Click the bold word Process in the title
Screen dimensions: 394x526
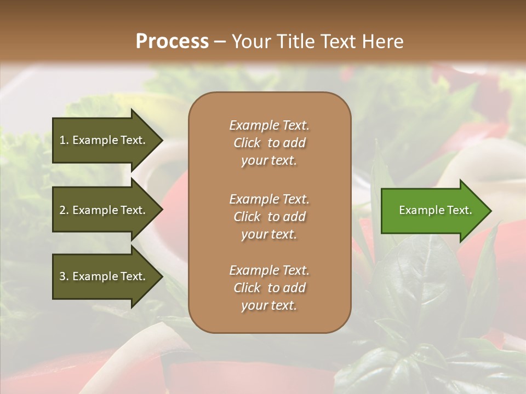point(172,41)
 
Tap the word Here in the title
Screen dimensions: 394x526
point(383,41)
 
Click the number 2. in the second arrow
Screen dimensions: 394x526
point(64,210)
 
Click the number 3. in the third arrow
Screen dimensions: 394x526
point(64,276)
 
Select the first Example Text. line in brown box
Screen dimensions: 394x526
point(269,125)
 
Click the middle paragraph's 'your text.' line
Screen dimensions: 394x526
point(269,234)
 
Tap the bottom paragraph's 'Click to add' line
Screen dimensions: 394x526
point(269,288)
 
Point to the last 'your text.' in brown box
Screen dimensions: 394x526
point(269,306)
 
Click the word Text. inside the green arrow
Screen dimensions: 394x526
point(459,210)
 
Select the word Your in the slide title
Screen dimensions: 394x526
point(250,41)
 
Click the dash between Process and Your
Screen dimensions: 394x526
point(220,42)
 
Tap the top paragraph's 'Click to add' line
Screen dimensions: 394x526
point(269,143)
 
